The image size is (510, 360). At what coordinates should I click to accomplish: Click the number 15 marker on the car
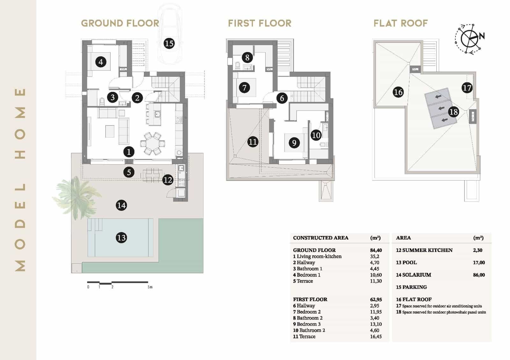tap(169, 43)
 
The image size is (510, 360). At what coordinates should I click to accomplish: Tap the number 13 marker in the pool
tap(121, 237)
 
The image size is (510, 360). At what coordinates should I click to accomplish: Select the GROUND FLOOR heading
tap(120, 23)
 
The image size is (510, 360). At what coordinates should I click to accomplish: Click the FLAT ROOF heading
tap(400, 23)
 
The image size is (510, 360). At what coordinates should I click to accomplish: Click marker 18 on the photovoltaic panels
tap(453, 112)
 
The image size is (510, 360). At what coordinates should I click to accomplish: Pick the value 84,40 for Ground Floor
tap(376, 250)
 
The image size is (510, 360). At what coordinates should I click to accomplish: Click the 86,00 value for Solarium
tap(479, 275)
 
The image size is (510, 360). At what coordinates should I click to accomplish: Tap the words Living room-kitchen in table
tap(319, 256)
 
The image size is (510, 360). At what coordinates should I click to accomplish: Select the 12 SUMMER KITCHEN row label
tap(424, 250)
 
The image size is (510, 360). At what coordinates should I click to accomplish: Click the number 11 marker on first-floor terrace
tap(252, 141)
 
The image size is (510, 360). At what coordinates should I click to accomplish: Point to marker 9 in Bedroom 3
tap(294, 142)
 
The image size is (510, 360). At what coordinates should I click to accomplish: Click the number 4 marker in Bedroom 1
tap(101, 61)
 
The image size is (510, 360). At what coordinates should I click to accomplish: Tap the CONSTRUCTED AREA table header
tap(320, 238)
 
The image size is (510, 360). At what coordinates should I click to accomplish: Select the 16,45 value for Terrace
tap(376, 336)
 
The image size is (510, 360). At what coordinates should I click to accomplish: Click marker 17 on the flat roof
tap(467, 88)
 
